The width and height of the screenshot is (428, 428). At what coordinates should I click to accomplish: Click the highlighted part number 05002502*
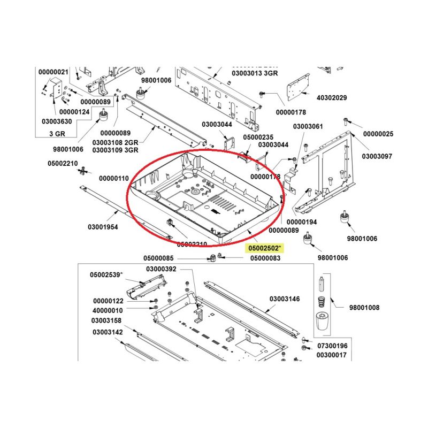[x=265, y=248]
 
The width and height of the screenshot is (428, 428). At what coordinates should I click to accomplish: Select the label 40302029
[x=332, y=98]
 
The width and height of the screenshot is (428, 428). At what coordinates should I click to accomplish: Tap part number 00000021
[x=53, y=72]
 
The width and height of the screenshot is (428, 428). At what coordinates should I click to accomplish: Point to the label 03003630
[x=57, y=122]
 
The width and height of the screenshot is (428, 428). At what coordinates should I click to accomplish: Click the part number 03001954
[x=103, y=227]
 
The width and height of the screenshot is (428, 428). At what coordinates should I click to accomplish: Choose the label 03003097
[x=377, y=156]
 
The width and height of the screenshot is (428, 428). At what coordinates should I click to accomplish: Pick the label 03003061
[x=308, y=126]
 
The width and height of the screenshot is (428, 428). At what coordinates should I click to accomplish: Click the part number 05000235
[x=258, y=137]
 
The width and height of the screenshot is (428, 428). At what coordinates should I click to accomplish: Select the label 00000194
[x=302, y=221]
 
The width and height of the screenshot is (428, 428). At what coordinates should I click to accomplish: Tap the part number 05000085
[x=158, y=258]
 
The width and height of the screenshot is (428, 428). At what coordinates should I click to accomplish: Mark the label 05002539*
[x=106, y=275]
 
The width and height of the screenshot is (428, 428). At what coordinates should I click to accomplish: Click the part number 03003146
[x=285, y=299]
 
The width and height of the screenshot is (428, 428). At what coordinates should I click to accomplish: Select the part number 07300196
[x=332, y=346]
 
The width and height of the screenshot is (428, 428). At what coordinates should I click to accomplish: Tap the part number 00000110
[x=114, y=178]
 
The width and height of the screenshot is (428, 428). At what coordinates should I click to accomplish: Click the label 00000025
[x=378, y=133]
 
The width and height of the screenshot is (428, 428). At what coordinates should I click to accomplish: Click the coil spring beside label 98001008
[x=322, y=301]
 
